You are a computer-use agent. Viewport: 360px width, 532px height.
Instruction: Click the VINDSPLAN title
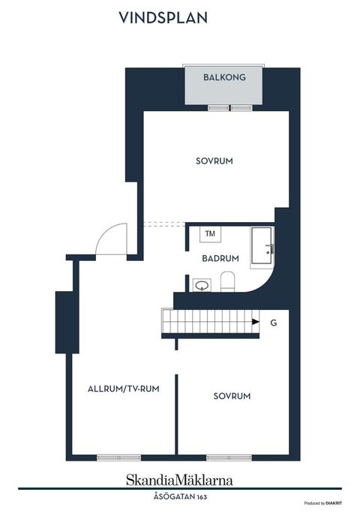[x=163, y=18]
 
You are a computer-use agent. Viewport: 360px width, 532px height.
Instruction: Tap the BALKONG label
[x=224, y=77]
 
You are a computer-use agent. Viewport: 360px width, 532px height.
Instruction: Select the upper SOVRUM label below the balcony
[x=214, y=161]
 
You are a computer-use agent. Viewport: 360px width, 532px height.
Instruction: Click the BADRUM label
[x=220, y=258]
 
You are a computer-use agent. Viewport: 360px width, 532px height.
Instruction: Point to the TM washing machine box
[x=210, y=234]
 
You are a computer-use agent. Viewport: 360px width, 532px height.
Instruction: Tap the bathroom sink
[x=201, y=284]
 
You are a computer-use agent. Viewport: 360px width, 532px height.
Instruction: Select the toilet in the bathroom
[x=229, y=282]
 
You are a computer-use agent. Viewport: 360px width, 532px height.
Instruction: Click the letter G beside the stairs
[x=274, y=323]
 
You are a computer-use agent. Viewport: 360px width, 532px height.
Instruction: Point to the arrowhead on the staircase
[x=256, y=323]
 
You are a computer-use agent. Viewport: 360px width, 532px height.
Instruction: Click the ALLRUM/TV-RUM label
[x=123, y=389]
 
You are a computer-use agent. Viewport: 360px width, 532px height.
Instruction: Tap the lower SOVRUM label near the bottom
[x=232, y=396]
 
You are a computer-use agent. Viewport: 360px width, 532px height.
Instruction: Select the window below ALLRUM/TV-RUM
[x=118, y=457]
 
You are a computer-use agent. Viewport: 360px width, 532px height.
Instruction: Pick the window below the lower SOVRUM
[x=229, y=457]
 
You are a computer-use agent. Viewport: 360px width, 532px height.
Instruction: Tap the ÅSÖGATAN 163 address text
[x=179, y=496]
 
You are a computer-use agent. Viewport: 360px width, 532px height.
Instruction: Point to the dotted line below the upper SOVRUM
[x=163, y=223]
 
